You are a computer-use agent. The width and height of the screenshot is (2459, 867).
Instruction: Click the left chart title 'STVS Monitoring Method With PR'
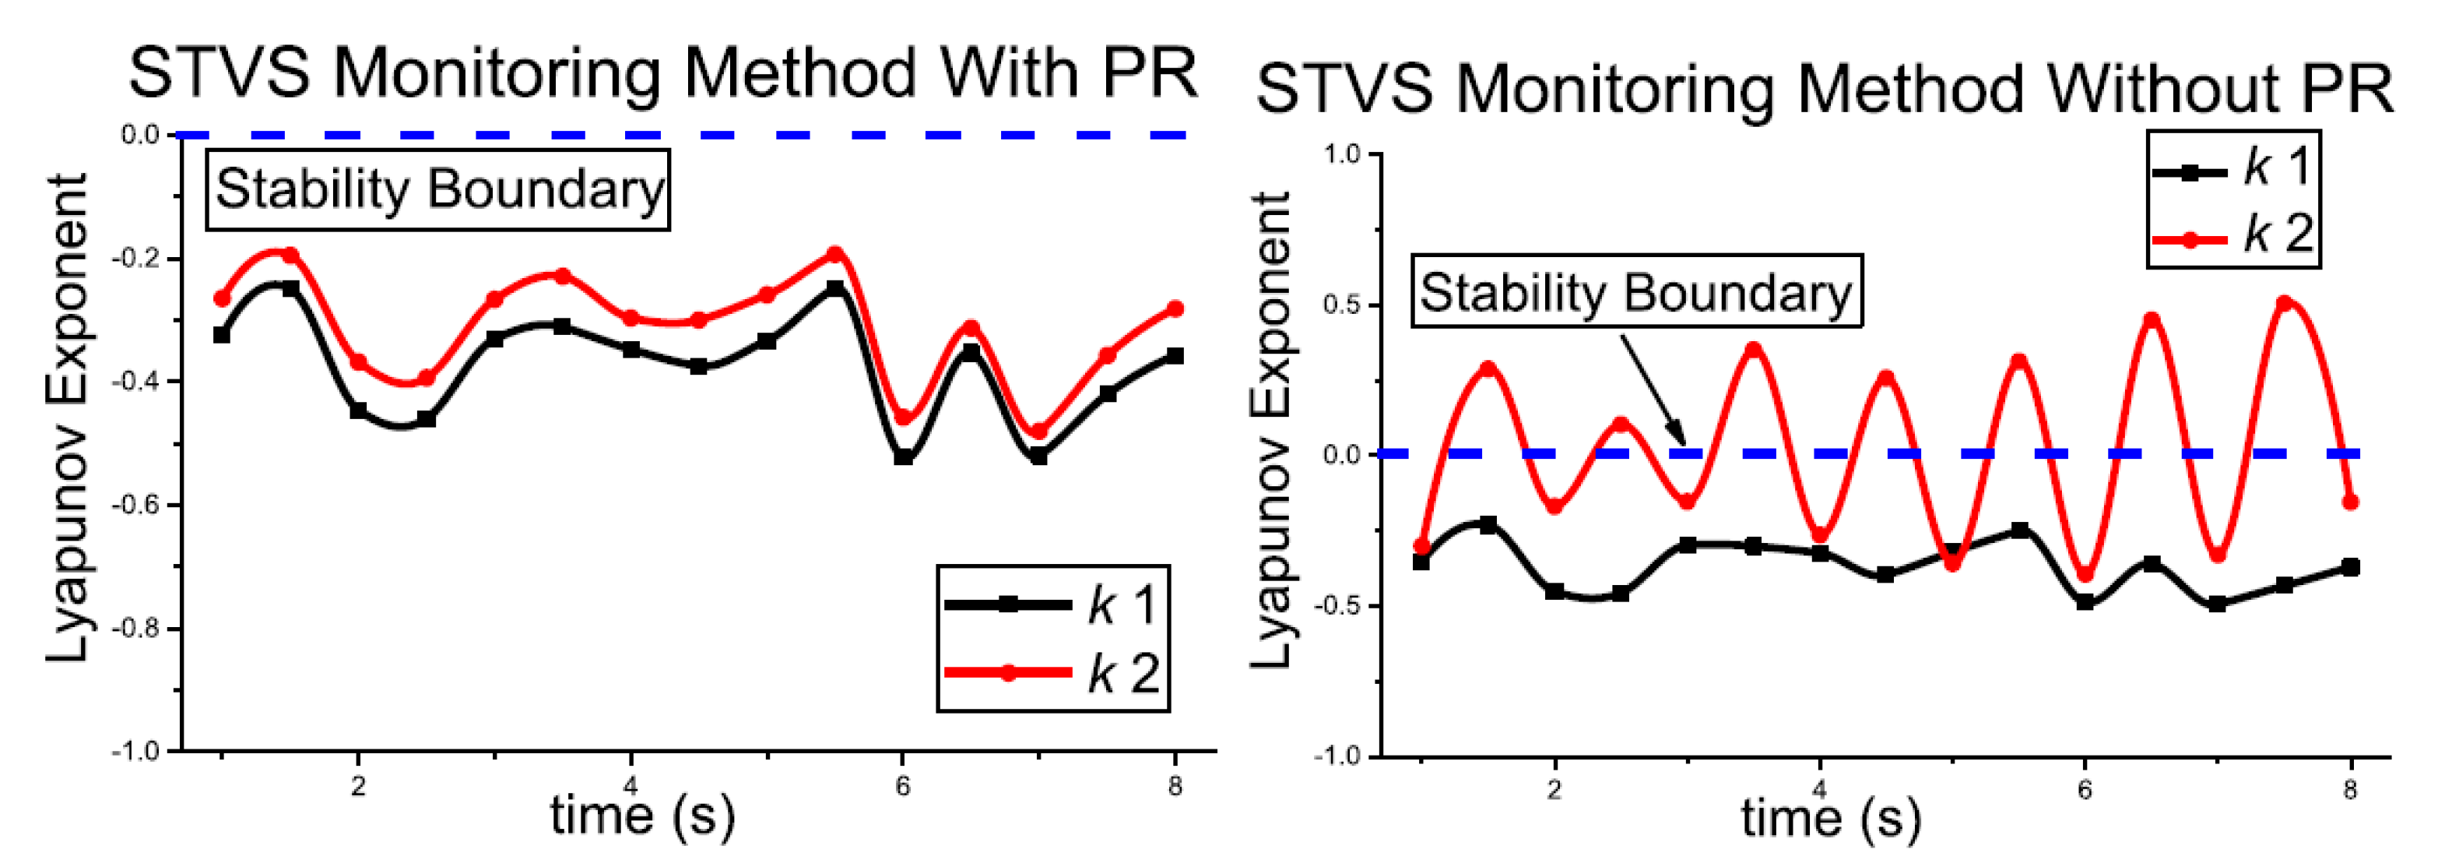coord(662,75)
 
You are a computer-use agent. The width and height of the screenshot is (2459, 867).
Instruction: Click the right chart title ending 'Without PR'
coord(1823,90)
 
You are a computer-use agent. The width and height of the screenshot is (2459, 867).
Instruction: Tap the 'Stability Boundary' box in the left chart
coord(438,189)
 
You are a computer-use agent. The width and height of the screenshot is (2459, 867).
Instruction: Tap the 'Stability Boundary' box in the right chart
coord(1636,291)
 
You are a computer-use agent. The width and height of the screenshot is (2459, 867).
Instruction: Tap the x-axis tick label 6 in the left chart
coord(902,786)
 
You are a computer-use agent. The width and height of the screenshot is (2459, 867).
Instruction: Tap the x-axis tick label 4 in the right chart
coord(1819,790)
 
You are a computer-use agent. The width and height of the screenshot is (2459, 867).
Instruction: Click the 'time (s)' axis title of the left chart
coord(641,816)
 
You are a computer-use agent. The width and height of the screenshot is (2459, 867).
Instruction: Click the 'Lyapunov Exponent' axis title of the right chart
coord(1270,430)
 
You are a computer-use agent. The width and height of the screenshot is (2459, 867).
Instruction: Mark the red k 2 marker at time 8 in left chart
coord(1175,309)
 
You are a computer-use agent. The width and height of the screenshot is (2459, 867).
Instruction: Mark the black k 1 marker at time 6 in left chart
coord(903,457)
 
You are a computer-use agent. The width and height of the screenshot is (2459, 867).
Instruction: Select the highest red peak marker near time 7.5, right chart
coord(2285,304)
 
